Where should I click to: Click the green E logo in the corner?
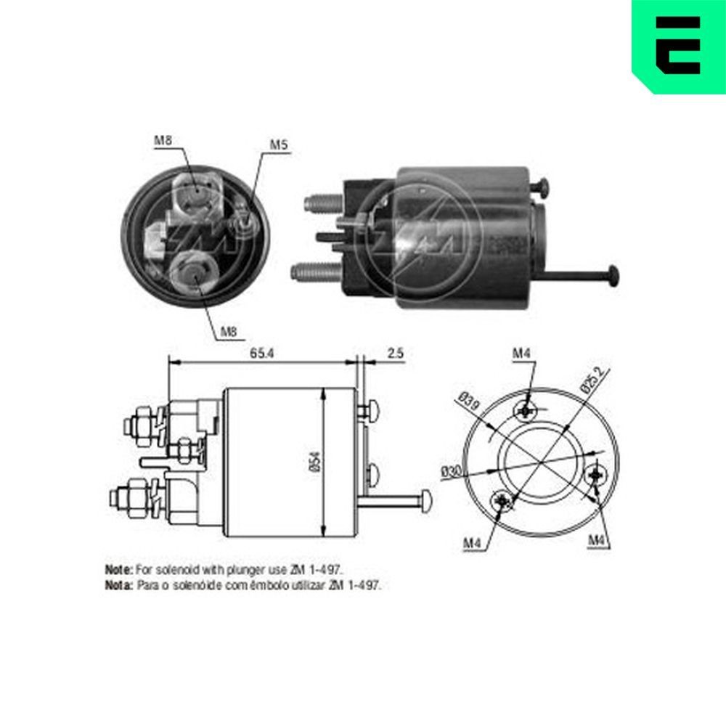678,45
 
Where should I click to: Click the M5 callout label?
279,145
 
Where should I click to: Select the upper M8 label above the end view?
163,140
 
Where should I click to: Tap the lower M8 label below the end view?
229,333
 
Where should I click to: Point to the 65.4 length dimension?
262,354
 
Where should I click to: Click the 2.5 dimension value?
395,354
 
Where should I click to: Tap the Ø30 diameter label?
451,470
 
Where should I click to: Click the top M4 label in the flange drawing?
522,354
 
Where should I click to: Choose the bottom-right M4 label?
597,539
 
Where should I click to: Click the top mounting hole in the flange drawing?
526,411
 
